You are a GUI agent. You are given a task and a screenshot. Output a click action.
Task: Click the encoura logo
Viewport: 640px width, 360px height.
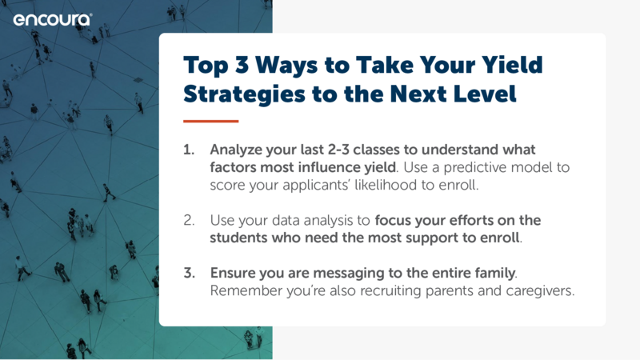[53, 19]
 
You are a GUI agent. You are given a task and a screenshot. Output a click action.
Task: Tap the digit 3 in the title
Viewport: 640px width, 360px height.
[242, 65]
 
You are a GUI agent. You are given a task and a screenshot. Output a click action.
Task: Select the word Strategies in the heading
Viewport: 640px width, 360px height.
[244, 94]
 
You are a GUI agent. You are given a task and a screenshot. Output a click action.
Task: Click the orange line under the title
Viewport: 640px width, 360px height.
[210, 122]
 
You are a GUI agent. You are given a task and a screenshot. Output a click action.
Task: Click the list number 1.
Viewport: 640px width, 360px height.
[189, 150]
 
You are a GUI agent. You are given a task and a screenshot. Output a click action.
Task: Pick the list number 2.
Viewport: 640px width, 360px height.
[189, 221]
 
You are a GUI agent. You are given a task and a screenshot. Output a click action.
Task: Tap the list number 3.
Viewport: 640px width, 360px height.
[189, 273]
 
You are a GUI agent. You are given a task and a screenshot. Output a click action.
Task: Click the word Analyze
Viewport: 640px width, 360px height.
[236, 150]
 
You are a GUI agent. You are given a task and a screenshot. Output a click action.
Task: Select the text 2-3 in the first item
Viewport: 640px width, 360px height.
[338, 150]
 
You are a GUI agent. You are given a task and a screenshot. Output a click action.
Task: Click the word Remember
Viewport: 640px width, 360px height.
[246, 290]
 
